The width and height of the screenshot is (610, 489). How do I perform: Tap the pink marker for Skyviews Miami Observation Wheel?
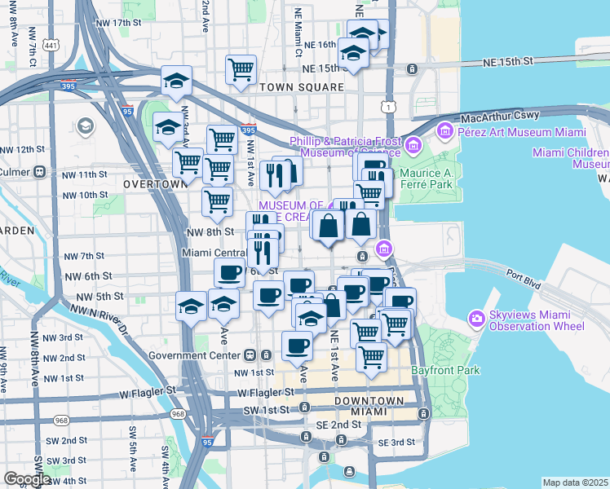click(476, 318)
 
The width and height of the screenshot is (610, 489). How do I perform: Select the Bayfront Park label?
click(447, 371)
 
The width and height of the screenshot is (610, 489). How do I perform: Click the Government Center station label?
click(195, 355)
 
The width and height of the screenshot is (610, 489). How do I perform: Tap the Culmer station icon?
click(38, 172)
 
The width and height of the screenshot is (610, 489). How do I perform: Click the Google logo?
click(27, 478)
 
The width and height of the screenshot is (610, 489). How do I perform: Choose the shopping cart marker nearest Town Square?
click(241, 70)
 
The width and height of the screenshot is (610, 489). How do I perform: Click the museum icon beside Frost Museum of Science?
click(413, 146)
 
